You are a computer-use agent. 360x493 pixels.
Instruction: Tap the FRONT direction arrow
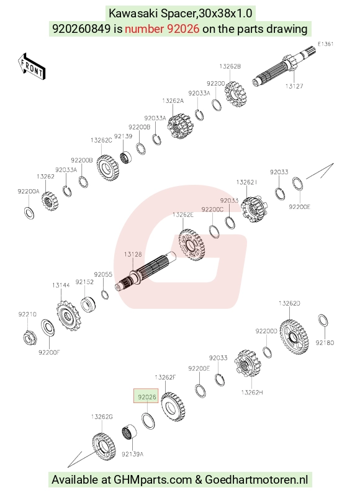[x=32, y=66]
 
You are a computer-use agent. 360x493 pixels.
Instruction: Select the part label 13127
[x=294, y=86]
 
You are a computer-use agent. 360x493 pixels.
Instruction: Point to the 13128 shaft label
[x=133, y=254]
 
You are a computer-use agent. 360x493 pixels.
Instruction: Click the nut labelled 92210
[x=30, y=338]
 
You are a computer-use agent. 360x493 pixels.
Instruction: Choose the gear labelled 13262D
[x=294, y=337]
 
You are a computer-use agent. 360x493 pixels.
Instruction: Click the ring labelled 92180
[x=323, y=321]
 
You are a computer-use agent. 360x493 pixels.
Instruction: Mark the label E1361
[x=325, y=44]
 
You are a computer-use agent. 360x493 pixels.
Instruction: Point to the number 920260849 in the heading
[x=81, y=29]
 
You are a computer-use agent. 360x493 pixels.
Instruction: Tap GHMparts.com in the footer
[x=153, y=480]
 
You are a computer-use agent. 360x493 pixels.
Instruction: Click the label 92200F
[x=49, y=352]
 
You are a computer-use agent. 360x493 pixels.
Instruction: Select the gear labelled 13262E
[x=192, y=244]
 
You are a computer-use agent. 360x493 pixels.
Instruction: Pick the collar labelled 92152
[x=88, y=304]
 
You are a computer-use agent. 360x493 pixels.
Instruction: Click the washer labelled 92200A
[x=29, y=213]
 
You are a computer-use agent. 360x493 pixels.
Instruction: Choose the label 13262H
[x=252, y=393]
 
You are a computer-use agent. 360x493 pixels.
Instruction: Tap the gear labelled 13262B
[x=235, y=94]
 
